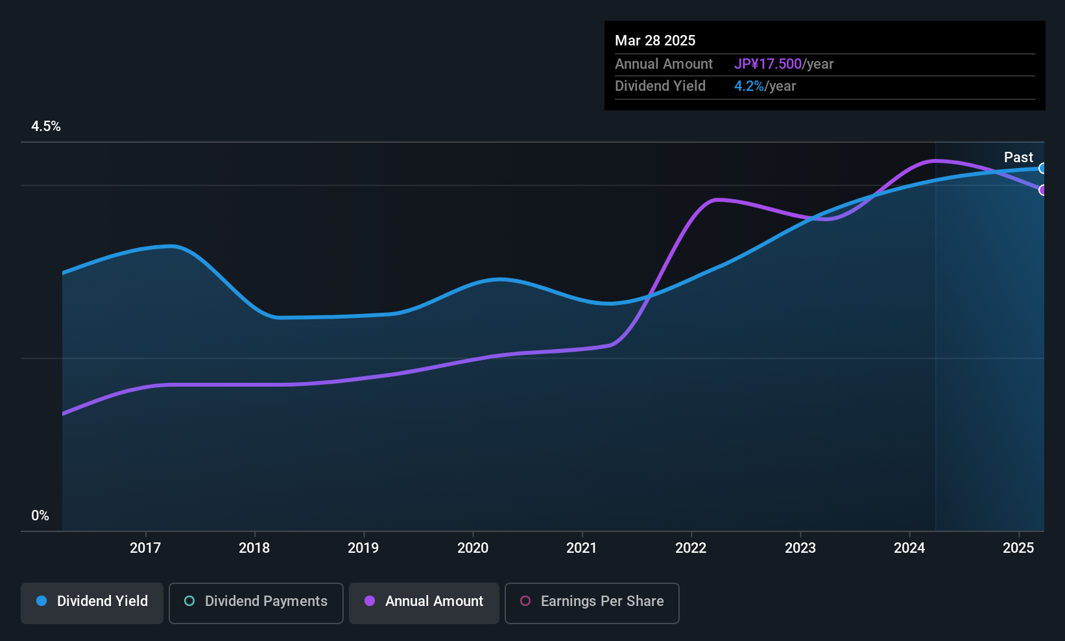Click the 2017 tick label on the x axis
145,548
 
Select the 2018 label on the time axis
254,548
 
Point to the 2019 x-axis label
363,548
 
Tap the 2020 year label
473,548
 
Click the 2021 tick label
582,548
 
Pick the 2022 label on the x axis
691,548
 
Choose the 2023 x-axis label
800,548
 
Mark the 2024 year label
909,548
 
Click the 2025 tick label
1018,548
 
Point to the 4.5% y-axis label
45,126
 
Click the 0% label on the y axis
40,516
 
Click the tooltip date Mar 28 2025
655,40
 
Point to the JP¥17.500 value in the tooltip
768,64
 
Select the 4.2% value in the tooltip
749,86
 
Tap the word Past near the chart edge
1018,157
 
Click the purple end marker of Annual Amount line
1042,190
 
